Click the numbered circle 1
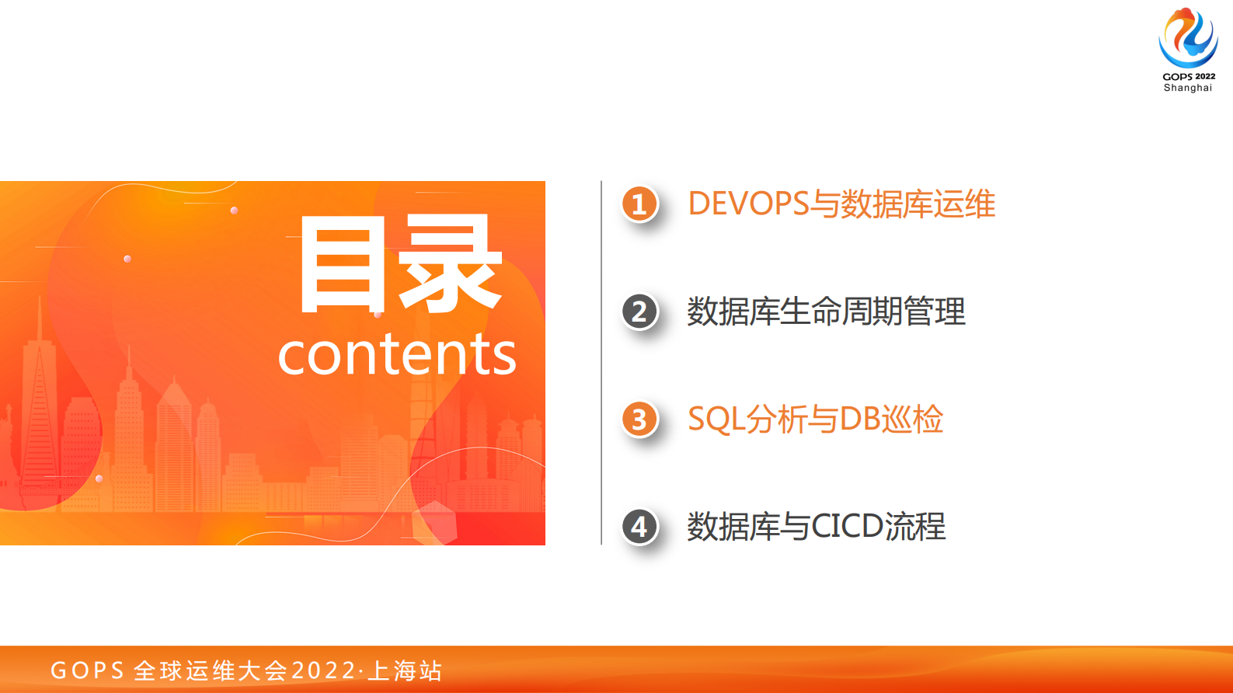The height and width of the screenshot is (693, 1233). pyautogui.click(x=639, y=204)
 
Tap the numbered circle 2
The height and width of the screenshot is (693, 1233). pyautogui.click(x=639, y=312)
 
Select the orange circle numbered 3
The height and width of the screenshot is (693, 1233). pyautogui.click(x=639, y=420)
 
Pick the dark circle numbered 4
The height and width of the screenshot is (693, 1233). pyautogui.click(x=639, y=527)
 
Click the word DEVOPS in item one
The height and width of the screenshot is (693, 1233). pyautogui.click(x=748, y=204)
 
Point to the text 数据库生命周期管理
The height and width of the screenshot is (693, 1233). pyautogui.click(x=826, y=312)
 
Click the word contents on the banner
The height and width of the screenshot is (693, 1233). pyautogui.click(x=396, y=354)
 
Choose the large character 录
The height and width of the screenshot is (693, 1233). pyautogui.click(x=450, y=265)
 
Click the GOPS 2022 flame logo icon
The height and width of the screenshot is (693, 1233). pyautogui.click(x=1188, y=37)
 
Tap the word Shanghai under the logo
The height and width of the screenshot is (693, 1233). pyautogui.click(x=1188, y=88)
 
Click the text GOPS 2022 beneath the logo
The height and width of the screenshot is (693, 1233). pyautogui.click(x=1189, y=76)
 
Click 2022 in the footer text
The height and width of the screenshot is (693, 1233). pyautogui.click(x=323, y=670)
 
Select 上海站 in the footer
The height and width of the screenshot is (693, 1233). pyautogui.click(x=405, y=670)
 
